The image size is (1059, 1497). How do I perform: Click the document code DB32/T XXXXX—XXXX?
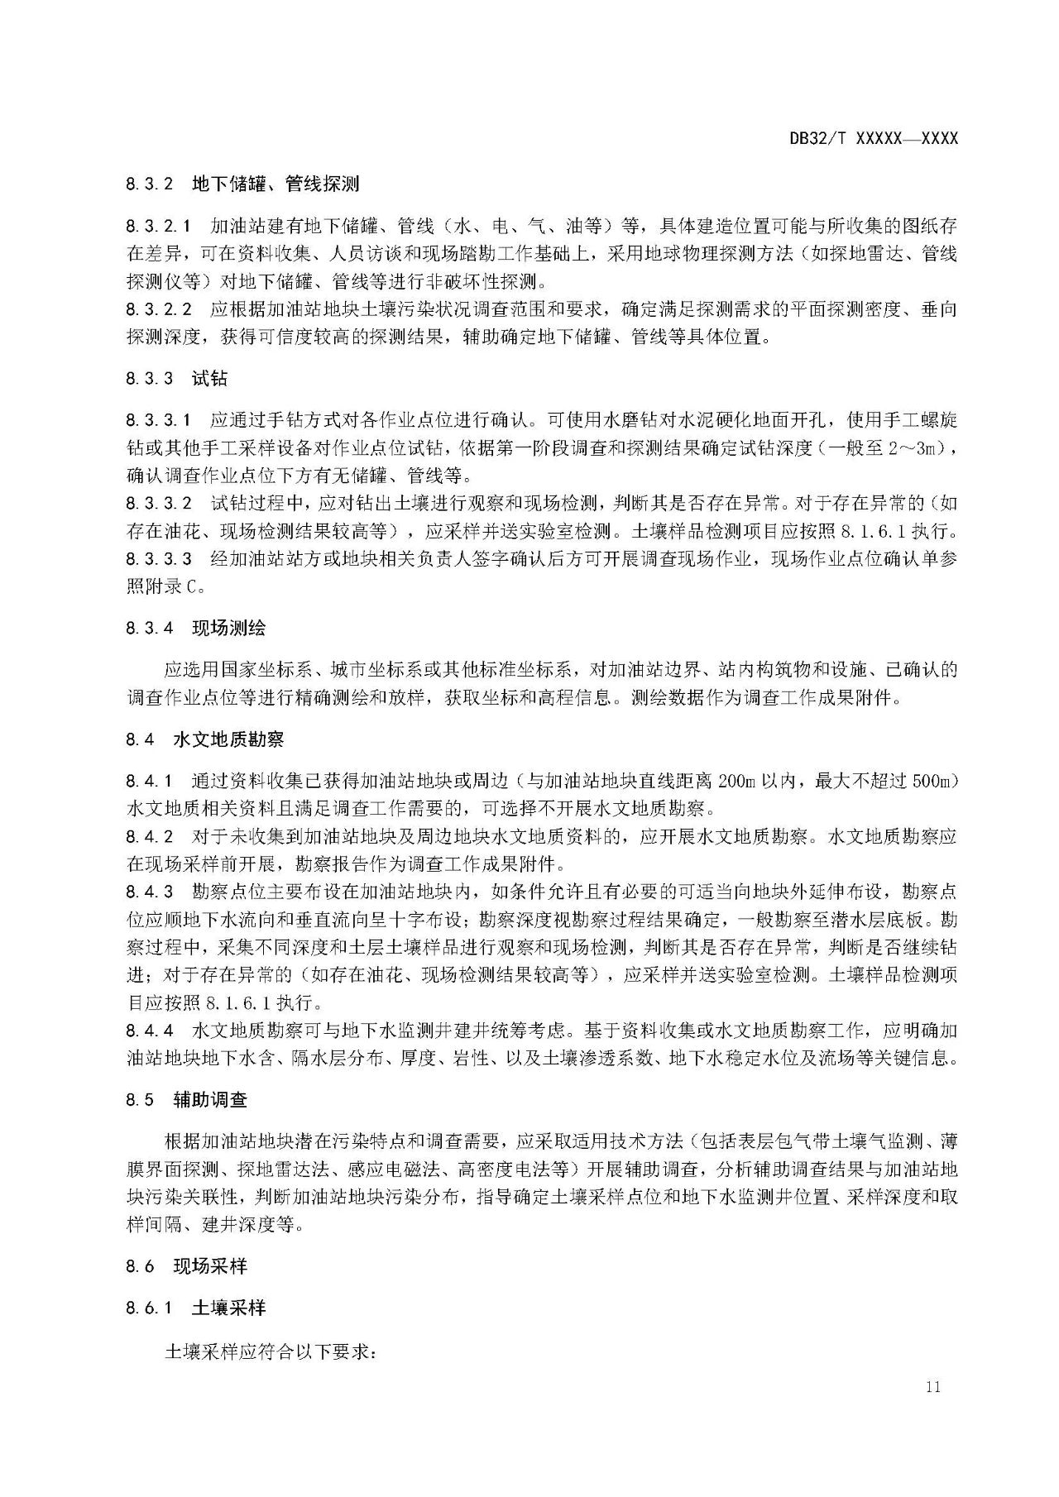[x=873, y=139]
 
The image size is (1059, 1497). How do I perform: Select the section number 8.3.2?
[x=150, y=184]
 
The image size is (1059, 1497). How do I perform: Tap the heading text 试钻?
[x=209, y=379]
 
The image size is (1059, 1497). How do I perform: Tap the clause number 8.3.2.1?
[x=159, y=225]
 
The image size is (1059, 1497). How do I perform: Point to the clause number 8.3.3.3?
[x=159, y=558]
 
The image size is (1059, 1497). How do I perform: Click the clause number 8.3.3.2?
[x=159, y=503]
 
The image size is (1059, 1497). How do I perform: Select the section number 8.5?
[x=141, y=1100]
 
